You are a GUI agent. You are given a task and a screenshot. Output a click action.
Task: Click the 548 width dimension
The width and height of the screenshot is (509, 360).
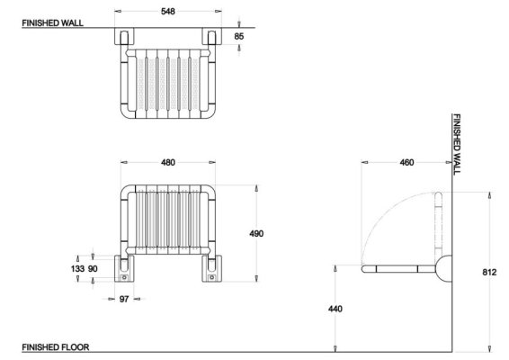(168, 12)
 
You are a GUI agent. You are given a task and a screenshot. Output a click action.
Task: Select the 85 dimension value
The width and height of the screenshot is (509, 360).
(238, 36)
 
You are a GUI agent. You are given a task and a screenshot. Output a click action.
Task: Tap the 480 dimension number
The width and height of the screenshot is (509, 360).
(168, 162)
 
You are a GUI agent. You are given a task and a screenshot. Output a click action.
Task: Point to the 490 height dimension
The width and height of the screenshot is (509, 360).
(256, 233)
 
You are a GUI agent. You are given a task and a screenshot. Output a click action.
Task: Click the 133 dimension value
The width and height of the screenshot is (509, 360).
(77, 269)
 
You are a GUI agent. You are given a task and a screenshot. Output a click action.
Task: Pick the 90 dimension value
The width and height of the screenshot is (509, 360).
(93, 269)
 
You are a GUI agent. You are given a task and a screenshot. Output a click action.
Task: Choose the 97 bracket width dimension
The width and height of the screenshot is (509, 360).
(124, 299)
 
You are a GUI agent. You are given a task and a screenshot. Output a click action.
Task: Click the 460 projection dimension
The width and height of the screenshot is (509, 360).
(406, 162)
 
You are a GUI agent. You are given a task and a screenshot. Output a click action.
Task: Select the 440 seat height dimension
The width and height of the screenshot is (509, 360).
(335, 309)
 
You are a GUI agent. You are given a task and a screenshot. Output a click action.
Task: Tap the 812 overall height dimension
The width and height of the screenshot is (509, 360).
(489, 272)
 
